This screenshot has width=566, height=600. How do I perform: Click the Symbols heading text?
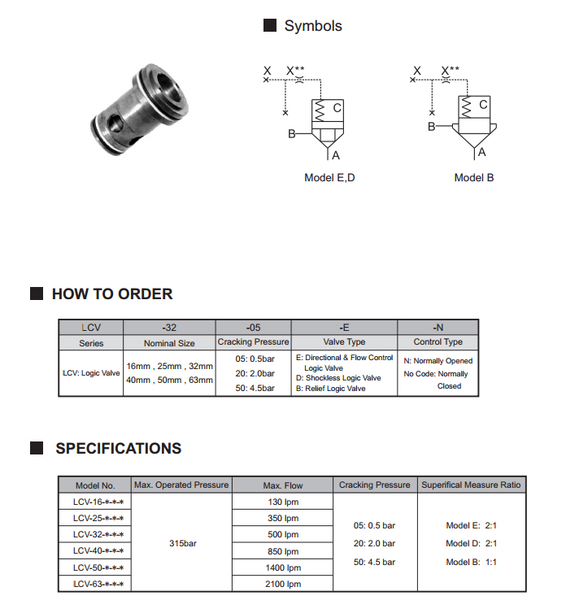tap(312, 26)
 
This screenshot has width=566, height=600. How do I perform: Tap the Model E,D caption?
tap(329, 177)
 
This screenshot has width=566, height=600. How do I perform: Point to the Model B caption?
tap(473, 177)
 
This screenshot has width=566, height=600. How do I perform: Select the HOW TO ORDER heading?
tap(112, 294)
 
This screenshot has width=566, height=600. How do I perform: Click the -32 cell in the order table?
tap(169, 327)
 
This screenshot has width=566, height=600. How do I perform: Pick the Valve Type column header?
tap(344, 343)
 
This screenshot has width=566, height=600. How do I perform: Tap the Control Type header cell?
tap(438, 343)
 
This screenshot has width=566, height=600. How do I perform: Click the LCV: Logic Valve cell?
tap(91, 373)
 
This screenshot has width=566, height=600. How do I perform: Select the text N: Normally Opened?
tap(438, 360)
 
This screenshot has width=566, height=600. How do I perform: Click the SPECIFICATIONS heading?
tap(118, 449)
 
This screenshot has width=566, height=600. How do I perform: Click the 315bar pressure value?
tap(183, 542)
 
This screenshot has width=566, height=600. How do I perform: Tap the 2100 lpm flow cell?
tap(283, 584)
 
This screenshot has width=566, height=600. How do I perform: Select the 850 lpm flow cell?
tap(283, 551)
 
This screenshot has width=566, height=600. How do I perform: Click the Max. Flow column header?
tap(283, 485)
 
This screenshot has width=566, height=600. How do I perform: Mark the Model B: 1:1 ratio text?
tap(471, 562)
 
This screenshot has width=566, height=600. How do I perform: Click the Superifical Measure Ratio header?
tap(471, 485)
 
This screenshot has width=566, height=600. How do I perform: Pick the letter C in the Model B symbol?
tap(483, 105)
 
